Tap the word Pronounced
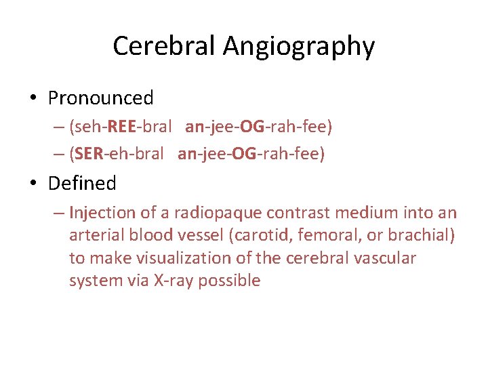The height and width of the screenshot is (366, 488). (x=101, y=98)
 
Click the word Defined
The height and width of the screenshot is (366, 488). (x=82, y=183)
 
